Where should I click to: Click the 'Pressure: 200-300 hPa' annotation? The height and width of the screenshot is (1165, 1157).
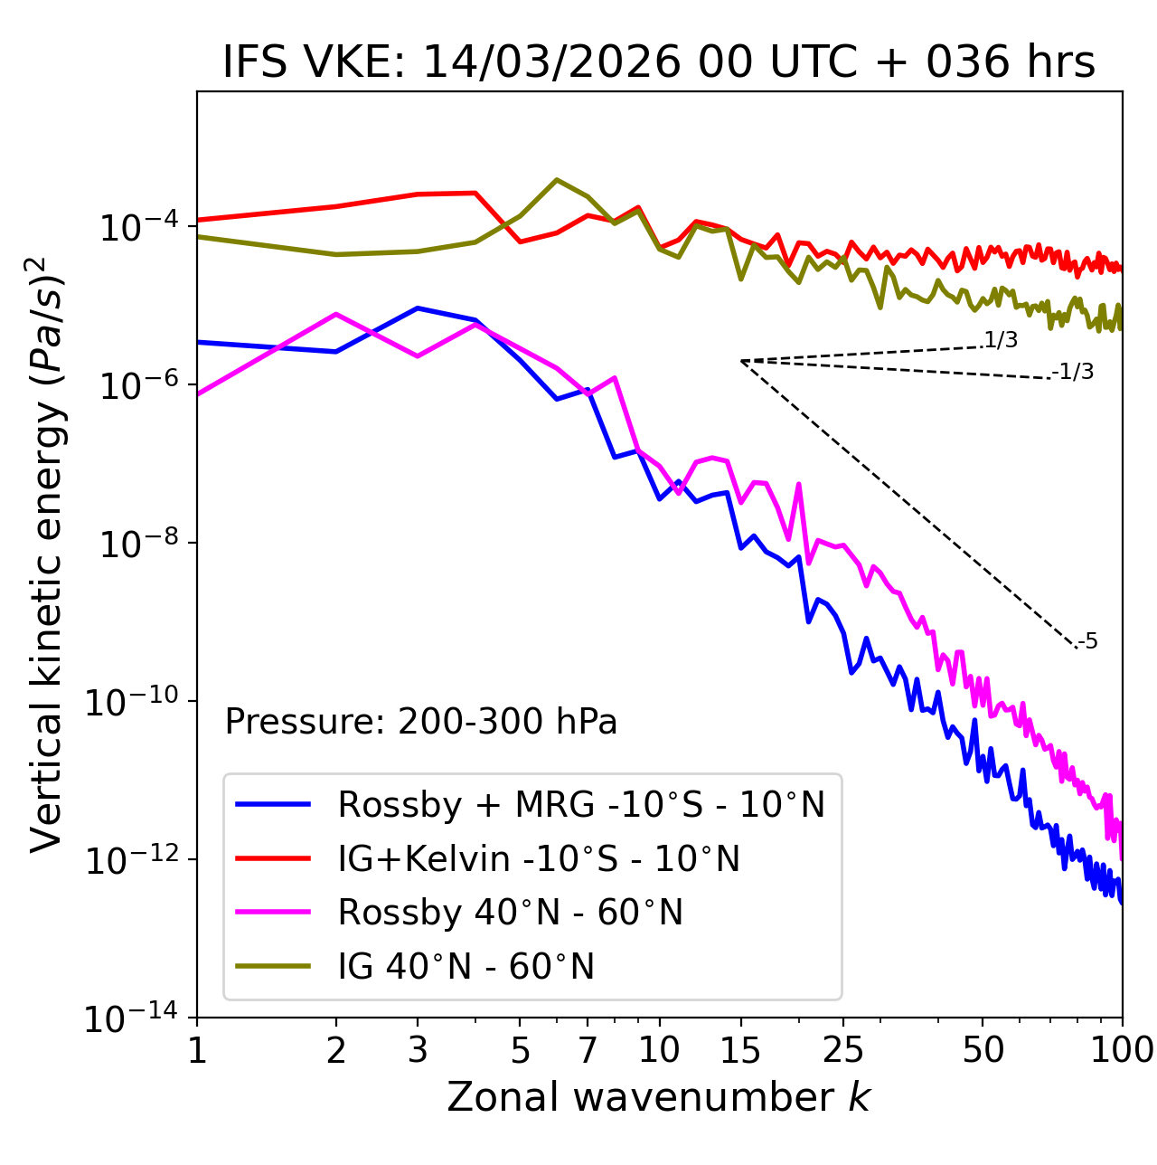pyautogui.click(x=420, y=722)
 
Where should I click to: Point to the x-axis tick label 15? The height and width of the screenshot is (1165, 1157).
pyautogui.click(x=740, y=1049)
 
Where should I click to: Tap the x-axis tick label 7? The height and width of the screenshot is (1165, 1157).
pyautogui.click(x=588, y=1049)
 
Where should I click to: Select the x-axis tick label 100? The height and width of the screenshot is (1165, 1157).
pyautogui.click(x=1121, y=1049)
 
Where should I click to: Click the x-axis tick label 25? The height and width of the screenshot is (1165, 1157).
pyautogui.click(x=843, y=1049)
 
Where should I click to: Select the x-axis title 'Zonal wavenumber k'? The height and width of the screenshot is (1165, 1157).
pyautogui.click(x=659, y=1097)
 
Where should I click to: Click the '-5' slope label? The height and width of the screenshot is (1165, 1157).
pyautogui.click(x=1087, y=641)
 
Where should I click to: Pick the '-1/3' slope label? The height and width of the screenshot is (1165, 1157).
pyautogui.click(x=1073, y=372)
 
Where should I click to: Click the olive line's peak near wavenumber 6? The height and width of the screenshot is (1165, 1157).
pyautogui.click(x=557, y=180)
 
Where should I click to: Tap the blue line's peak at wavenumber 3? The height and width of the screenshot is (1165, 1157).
pyautogui.click(x=418, y=308)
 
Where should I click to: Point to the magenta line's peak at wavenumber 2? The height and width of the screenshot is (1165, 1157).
pyautogui.click(x=336, y=314)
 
